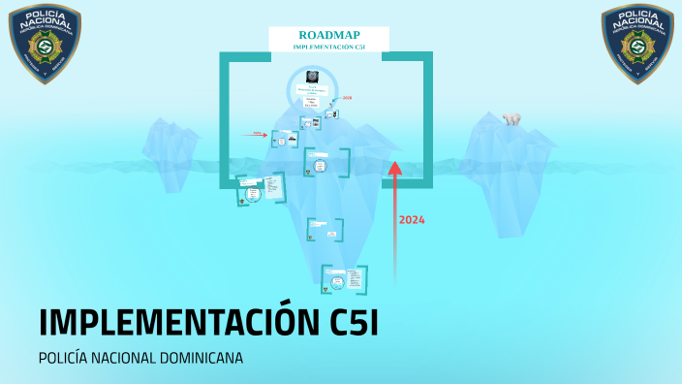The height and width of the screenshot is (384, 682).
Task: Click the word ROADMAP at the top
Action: click(x=328, y=35)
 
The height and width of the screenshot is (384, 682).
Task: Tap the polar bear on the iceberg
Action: click(x=511, y=119)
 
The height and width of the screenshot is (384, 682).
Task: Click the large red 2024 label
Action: click(x=412, y=220)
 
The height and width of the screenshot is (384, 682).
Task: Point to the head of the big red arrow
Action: click(x=394, y=168)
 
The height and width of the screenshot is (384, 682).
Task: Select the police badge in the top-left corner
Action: click(x=46, y=44)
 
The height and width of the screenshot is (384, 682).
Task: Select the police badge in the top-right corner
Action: click(x=636, y=44)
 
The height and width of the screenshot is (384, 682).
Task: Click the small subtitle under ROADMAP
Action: click(x=328, y=47)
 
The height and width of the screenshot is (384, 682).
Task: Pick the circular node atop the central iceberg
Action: click(x=312, y=87)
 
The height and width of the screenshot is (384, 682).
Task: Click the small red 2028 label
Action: click(x=347, y=98)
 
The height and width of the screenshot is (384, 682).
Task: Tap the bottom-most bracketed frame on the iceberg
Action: click(x=344, y=279)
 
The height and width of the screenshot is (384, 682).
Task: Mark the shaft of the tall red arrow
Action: click(x=394, y=233)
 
